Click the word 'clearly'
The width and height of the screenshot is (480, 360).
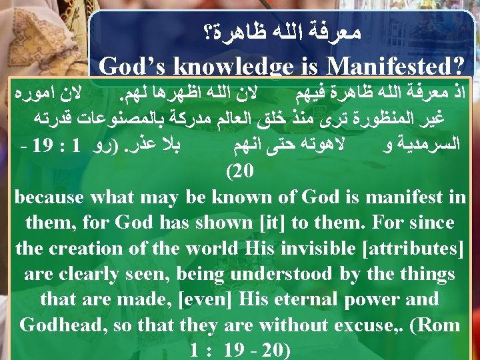(x=90, y=273)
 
